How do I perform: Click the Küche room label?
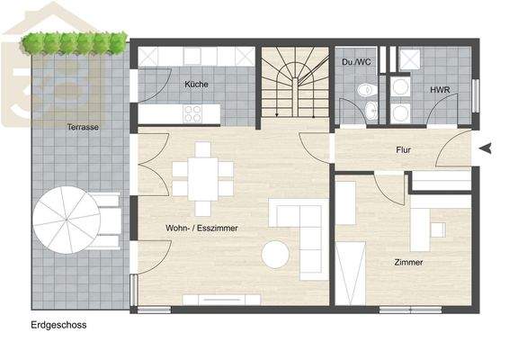coord(196,84)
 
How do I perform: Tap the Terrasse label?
coord(82,128)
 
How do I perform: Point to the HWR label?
coord(440,90)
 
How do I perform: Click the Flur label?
coord(403,150)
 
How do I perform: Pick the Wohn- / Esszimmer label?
coord(201,229)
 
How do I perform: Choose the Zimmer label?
coord(408,262)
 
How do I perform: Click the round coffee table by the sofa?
coord(275,255)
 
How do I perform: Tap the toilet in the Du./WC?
coord(365,90)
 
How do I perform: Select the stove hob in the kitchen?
coord(193,113)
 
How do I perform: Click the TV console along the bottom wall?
coord(221,300)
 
